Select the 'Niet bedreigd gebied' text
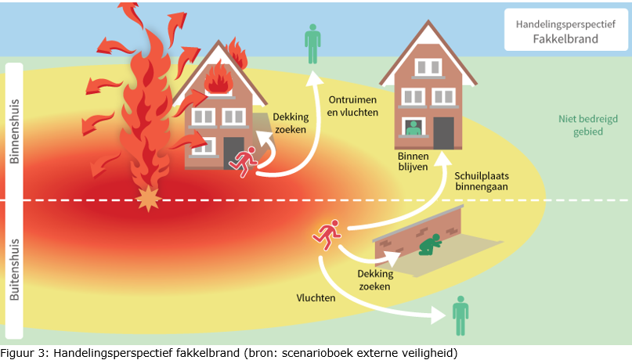580,125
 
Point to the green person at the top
312,44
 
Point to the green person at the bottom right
460,315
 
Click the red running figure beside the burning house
243,158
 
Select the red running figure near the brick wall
326,232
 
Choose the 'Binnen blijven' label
414,161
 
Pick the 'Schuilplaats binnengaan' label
482,181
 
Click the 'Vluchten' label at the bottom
316,297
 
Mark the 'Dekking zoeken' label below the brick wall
374,279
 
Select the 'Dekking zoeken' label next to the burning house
291,124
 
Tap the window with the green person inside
413,128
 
